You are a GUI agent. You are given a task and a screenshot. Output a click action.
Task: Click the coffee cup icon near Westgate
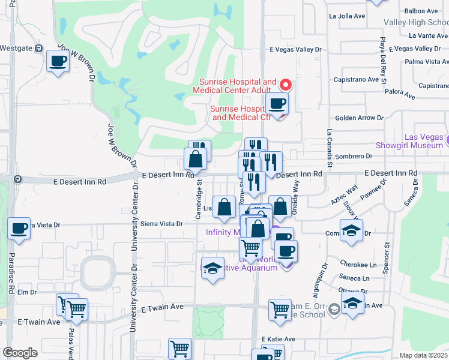pos(58,61)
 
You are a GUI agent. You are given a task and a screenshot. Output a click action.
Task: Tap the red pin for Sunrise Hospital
pos(286,85)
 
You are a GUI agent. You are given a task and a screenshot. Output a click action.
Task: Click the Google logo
pos(20,353)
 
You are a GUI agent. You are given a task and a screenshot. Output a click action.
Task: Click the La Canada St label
pos(329,148)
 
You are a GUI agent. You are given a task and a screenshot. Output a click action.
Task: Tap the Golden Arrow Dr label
pos(359,118)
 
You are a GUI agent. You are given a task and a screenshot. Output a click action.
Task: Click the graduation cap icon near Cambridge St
pos(212,269)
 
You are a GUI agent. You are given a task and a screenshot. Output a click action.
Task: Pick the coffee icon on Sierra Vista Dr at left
pos(19,229)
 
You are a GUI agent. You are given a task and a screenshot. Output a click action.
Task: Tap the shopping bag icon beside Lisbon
pos(224,208)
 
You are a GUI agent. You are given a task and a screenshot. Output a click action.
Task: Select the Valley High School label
pos(416,22)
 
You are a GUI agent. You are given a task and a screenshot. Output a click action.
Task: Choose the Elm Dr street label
pos(28,292)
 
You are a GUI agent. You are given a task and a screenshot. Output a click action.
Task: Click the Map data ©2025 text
pos(423,355)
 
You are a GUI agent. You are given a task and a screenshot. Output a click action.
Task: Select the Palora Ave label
pos(401,95)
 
